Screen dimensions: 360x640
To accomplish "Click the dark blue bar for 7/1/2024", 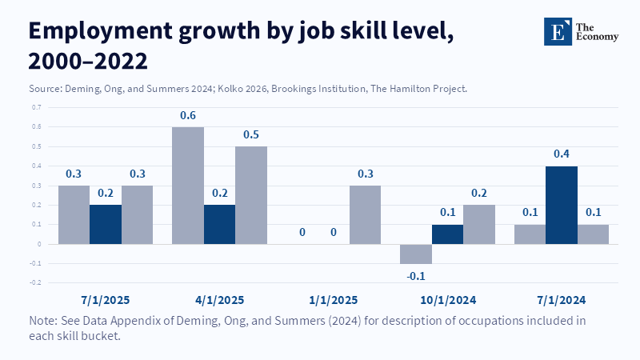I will (562, 205).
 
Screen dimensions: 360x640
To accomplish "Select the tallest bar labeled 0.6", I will (188, 185).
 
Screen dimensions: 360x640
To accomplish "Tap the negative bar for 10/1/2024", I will (416, 254).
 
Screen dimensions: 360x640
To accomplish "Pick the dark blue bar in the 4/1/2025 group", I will (219, 224).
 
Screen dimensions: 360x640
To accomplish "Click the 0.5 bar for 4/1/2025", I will (251, 194).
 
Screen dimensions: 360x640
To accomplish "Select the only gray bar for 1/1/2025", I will (365, 214).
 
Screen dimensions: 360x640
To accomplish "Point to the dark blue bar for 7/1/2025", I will (106, 224).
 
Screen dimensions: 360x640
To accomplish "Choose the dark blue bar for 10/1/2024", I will (447, 234).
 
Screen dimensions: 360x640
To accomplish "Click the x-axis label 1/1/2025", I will (334, 300).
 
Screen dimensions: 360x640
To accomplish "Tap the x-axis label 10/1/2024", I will (447, 300).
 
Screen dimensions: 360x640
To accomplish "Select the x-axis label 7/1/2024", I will (562, 300).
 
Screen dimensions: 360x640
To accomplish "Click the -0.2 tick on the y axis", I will (36, 282).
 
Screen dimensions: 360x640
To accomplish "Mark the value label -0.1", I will (416, 275).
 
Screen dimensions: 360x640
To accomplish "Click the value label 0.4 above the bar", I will (562, 154).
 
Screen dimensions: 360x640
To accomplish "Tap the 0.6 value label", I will (188, 115).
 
